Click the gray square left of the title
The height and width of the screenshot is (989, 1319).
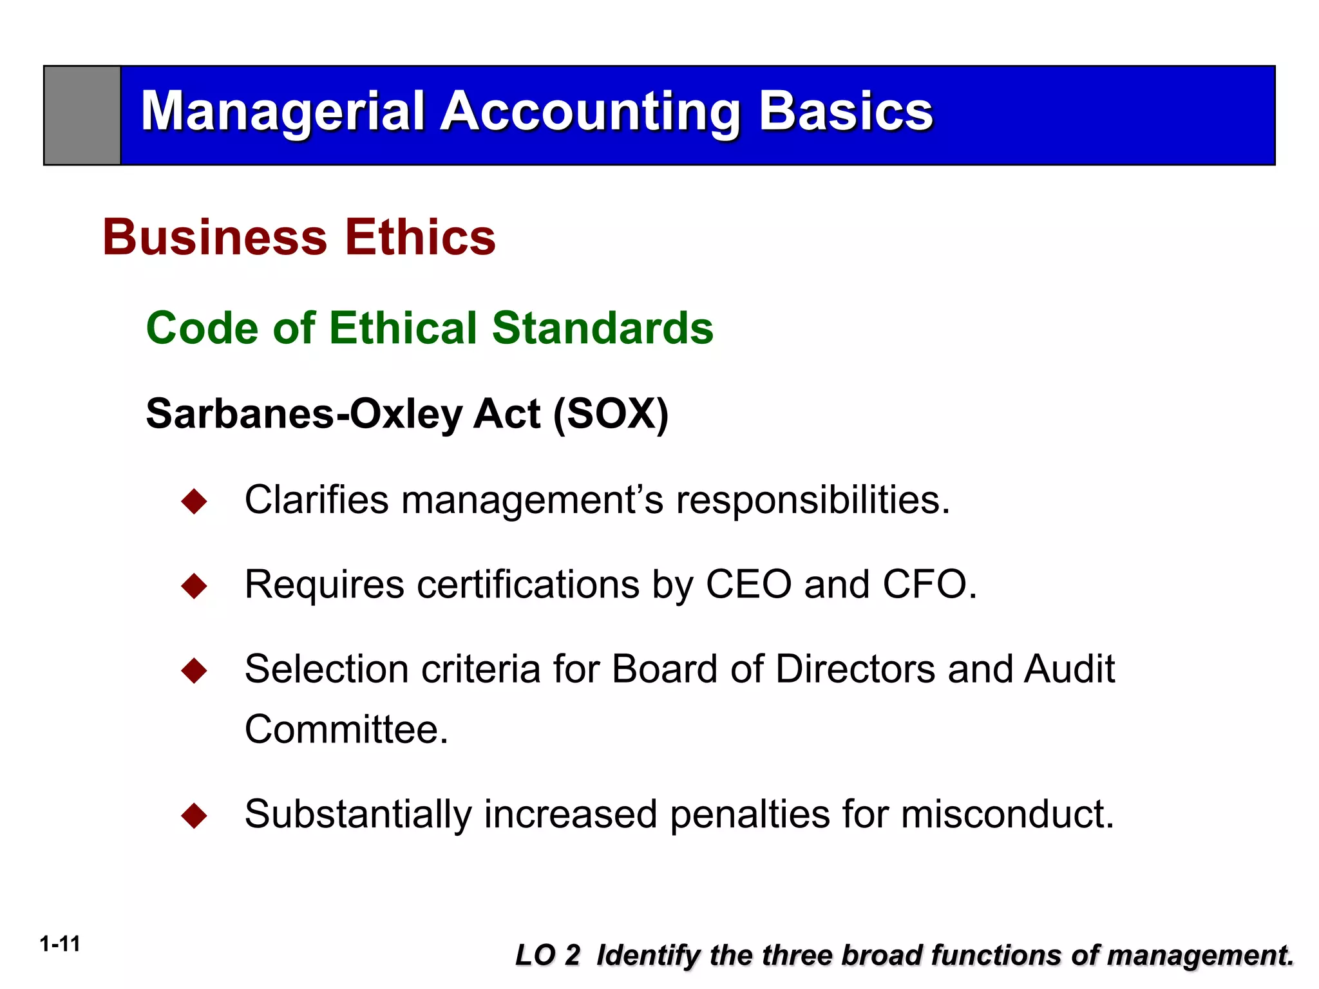point(82,115)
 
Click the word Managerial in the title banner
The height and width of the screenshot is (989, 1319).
point(282,111)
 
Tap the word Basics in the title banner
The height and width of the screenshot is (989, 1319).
point(846,111)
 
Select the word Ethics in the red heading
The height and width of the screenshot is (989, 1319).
point(420,237)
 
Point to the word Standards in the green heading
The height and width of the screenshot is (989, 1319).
point(602,328)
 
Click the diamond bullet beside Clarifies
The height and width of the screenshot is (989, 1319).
point(194,501)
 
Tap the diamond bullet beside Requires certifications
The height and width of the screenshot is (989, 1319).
point(194,586)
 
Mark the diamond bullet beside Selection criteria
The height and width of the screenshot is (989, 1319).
point(194,671)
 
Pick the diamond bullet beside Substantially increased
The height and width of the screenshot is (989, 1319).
point(194,816)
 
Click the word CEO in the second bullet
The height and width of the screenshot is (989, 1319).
point(748,585)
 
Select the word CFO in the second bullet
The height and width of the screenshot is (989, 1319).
point(925,585)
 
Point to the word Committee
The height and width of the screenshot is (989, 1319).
point(346,730)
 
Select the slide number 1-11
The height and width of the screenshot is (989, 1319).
point(60,944)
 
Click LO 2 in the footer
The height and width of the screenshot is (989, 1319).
point(547,955)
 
